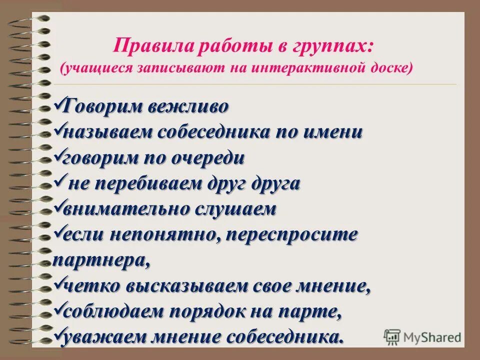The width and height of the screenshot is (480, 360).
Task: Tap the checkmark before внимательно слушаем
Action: (57, 206)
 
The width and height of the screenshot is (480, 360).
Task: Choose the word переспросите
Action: (292, 234)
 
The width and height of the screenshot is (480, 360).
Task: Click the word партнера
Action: (100, 260)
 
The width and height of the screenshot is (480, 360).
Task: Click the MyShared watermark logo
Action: (422, 337)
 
